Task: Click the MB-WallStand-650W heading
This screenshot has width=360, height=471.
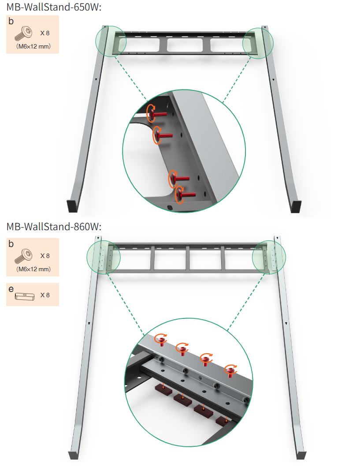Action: [x=54, y=7]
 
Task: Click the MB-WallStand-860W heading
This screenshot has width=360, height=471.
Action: [x=54, y=226]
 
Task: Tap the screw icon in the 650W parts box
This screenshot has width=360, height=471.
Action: [x=23, y=34]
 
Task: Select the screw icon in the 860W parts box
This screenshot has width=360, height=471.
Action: [x=23, y=256]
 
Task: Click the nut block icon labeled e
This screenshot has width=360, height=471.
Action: [x=25, y=296]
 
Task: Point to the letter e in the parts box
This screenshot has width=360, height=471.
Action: [x=11, y=289]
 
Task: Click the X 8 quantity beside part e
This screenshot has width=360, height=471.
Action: [x=45, y=295]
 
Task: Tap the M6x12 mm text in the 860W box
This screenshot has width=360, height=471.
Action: [x=33, y=269]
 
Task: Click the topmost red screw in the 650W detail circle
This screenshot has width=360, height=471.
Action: [x=157, y=113]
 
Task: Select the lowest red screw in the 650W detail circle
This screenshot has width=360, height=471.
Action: [x=185, y=194]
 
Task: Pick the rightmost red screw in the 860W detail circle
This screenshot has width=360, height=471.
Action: [x=231, y=371]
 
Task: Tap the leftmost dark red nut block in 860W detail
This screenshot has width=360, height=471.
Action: [x=163, y=389]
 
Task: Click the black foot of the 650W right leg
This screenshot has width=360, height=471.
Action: [x=296, y=206]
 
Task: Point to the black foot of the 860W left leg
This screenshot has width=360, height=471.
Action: [x=74, y=455]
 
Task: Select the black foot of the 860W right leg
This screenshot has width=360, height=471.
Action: [x=301, y=455]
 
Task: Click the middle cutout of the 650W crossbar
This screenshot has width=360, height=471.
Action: [x=185, y=45]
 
